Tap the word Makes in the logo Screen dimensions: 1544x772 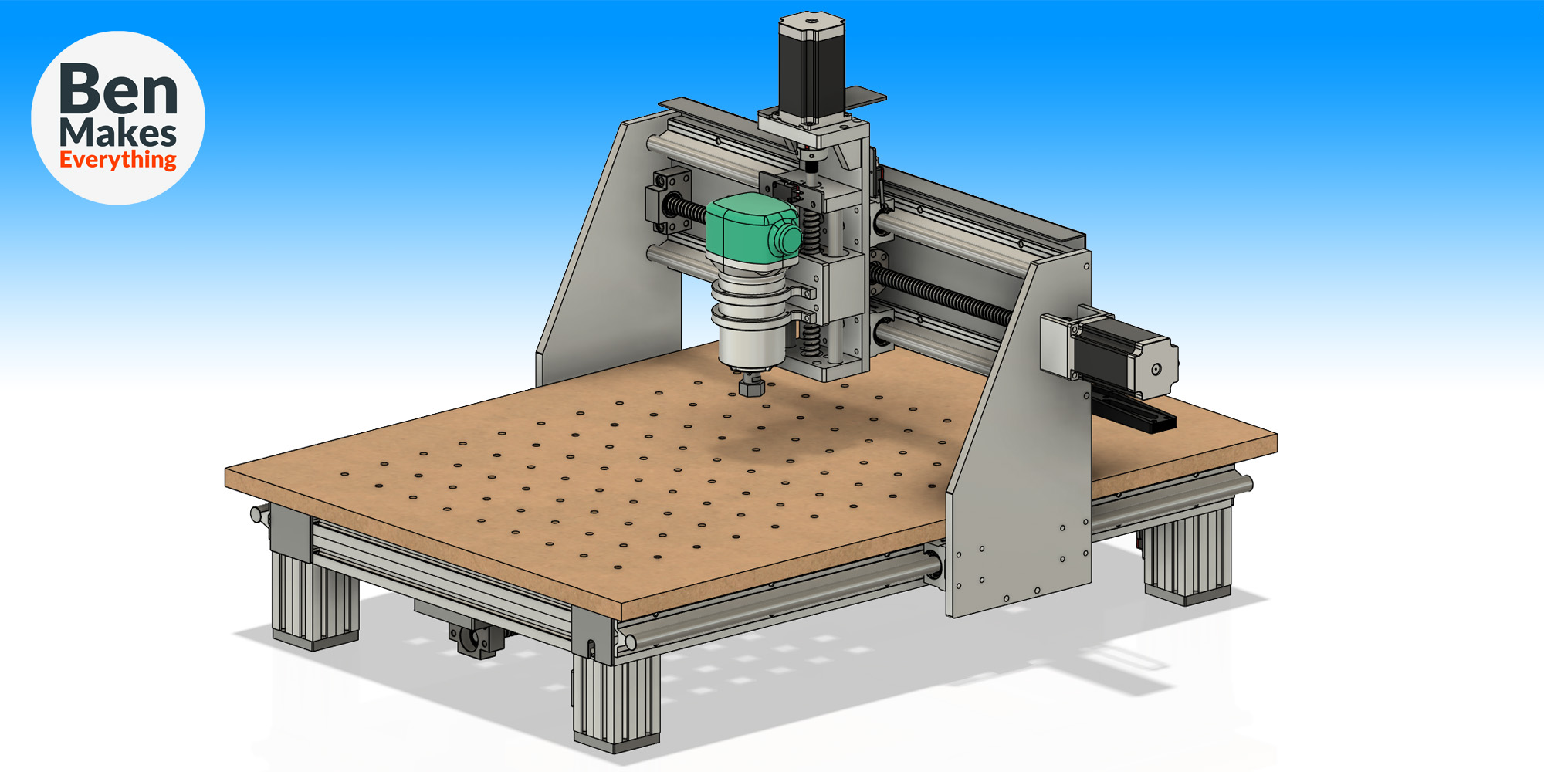point(118,133)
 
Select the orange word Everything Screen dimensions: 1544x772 point(118,160)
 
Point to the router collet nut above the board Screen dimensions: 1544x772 point(751,384)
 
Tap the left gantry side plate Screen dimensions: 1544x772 point(610,255)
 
